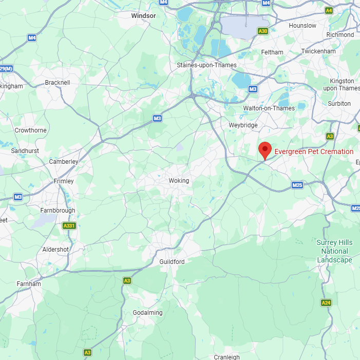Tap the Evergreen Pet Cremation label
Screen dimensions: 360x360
[314, 151]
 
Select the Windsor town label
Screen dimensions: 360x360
[143, 16]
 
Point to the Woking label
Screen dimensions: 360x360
[179, 181]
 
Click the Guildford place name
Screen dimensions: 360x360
[172, 262]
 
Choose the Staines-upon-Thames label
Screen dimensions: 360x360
[206, 65]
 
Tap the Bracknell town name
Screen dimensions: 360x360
[58, 82]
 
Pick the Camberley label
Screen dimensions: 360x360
[64, 162]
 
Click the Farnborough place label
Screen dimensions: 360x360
[58, 211]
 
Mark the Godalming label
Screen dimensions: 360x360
[147, 313]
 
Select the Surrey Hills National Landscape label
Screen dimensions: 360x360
[334, 251]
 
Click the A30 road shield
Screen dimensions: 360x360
[263, 31]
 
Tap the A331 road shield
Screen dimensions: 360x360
[68, 225]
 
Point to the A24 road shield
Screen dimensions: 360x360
[326, 303]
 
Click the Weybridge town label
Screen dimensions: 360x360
[243, 125]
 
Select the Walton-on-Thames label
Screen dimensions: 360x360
[269, 108]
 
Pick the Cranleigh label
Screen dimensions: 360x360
[226, 357]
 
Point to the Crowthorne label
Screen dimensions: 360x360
[30, 130]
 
